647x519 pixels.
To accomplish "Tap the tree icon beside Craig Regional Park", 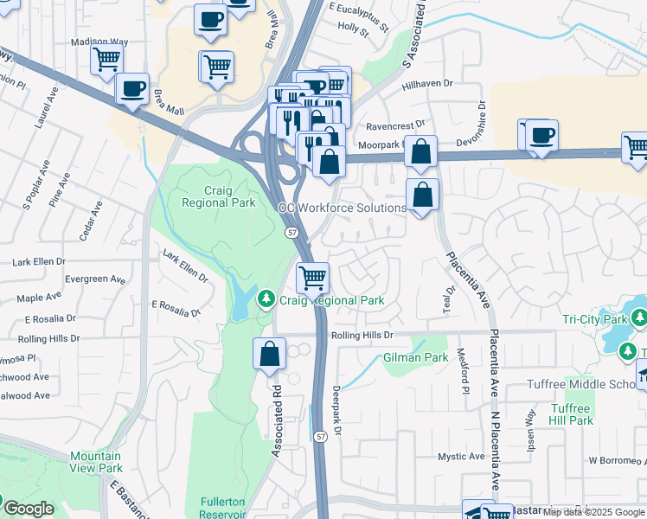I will click(267, 300).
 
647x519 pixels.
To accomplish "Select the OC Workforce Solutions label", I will click(342, 208).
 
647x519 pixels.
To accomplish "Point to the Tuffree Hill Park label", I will click(571, 414).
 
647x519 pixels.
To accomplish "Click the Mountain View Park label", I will click(96, 462).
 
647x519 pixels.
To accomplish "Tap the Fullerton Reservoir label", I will click(224, 508).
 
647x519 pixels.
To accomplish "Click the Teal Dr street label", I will click(450, 300).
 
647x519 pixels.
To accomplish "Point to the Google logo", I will click(29, 509).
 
